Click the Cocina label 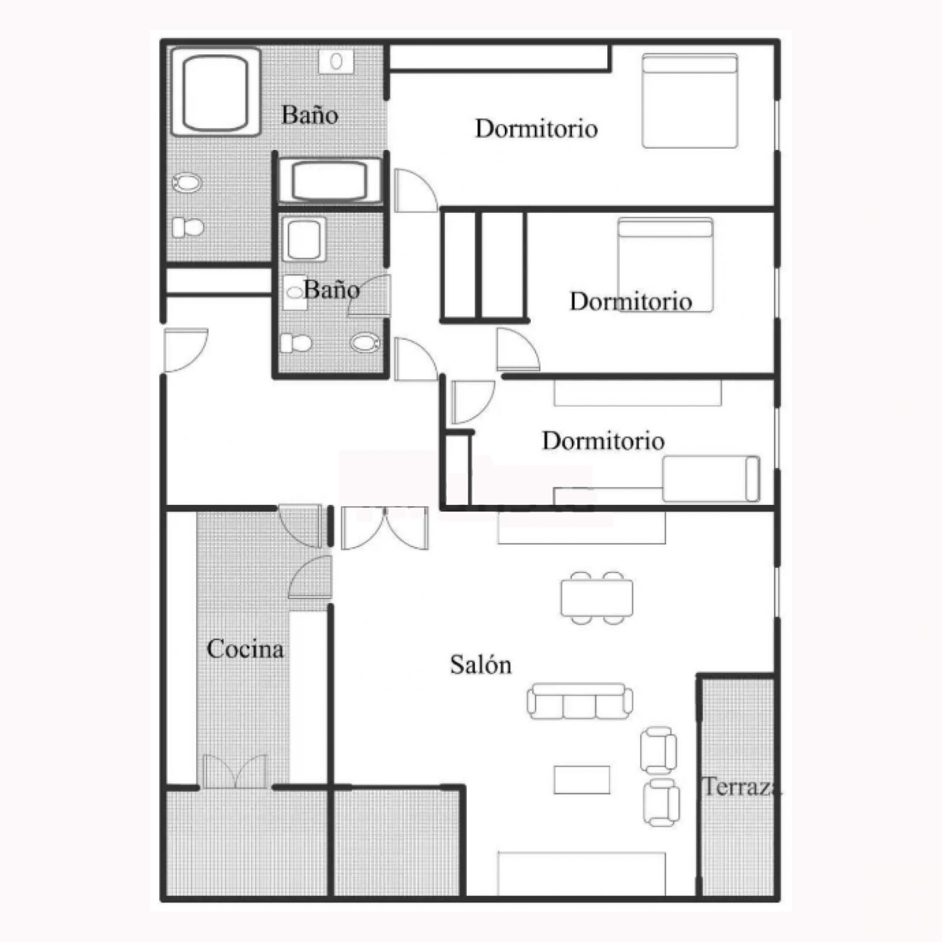click(245, 649)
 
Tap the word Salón click(481, 664)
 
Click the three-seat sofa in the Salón click(580, 701)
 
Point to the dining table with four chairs click(597, 597)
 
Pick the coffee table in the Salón click(582, 779)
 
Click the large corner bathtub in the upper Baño click(216, 92)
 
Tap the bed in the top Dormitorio click(690, 101)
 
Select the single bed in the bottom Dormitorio click(711, 479)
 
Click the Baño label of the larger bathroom click(310, 115)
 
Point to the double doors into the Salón click(385, 528)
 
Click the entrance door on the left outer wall click(186, 350)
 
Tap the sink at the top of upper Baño click(337, 61)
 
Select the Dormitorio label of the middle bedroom click(631, 301)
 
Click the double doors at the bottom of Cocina click(235, 771)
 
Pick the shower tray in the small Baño click(304, 239)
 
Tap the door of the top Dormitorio click(415, 190)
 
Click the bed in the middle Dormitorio click(665, 265)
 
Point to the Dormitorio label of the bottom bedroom click(603, 441)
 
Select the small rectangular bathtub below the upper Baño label click(330, 181)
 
